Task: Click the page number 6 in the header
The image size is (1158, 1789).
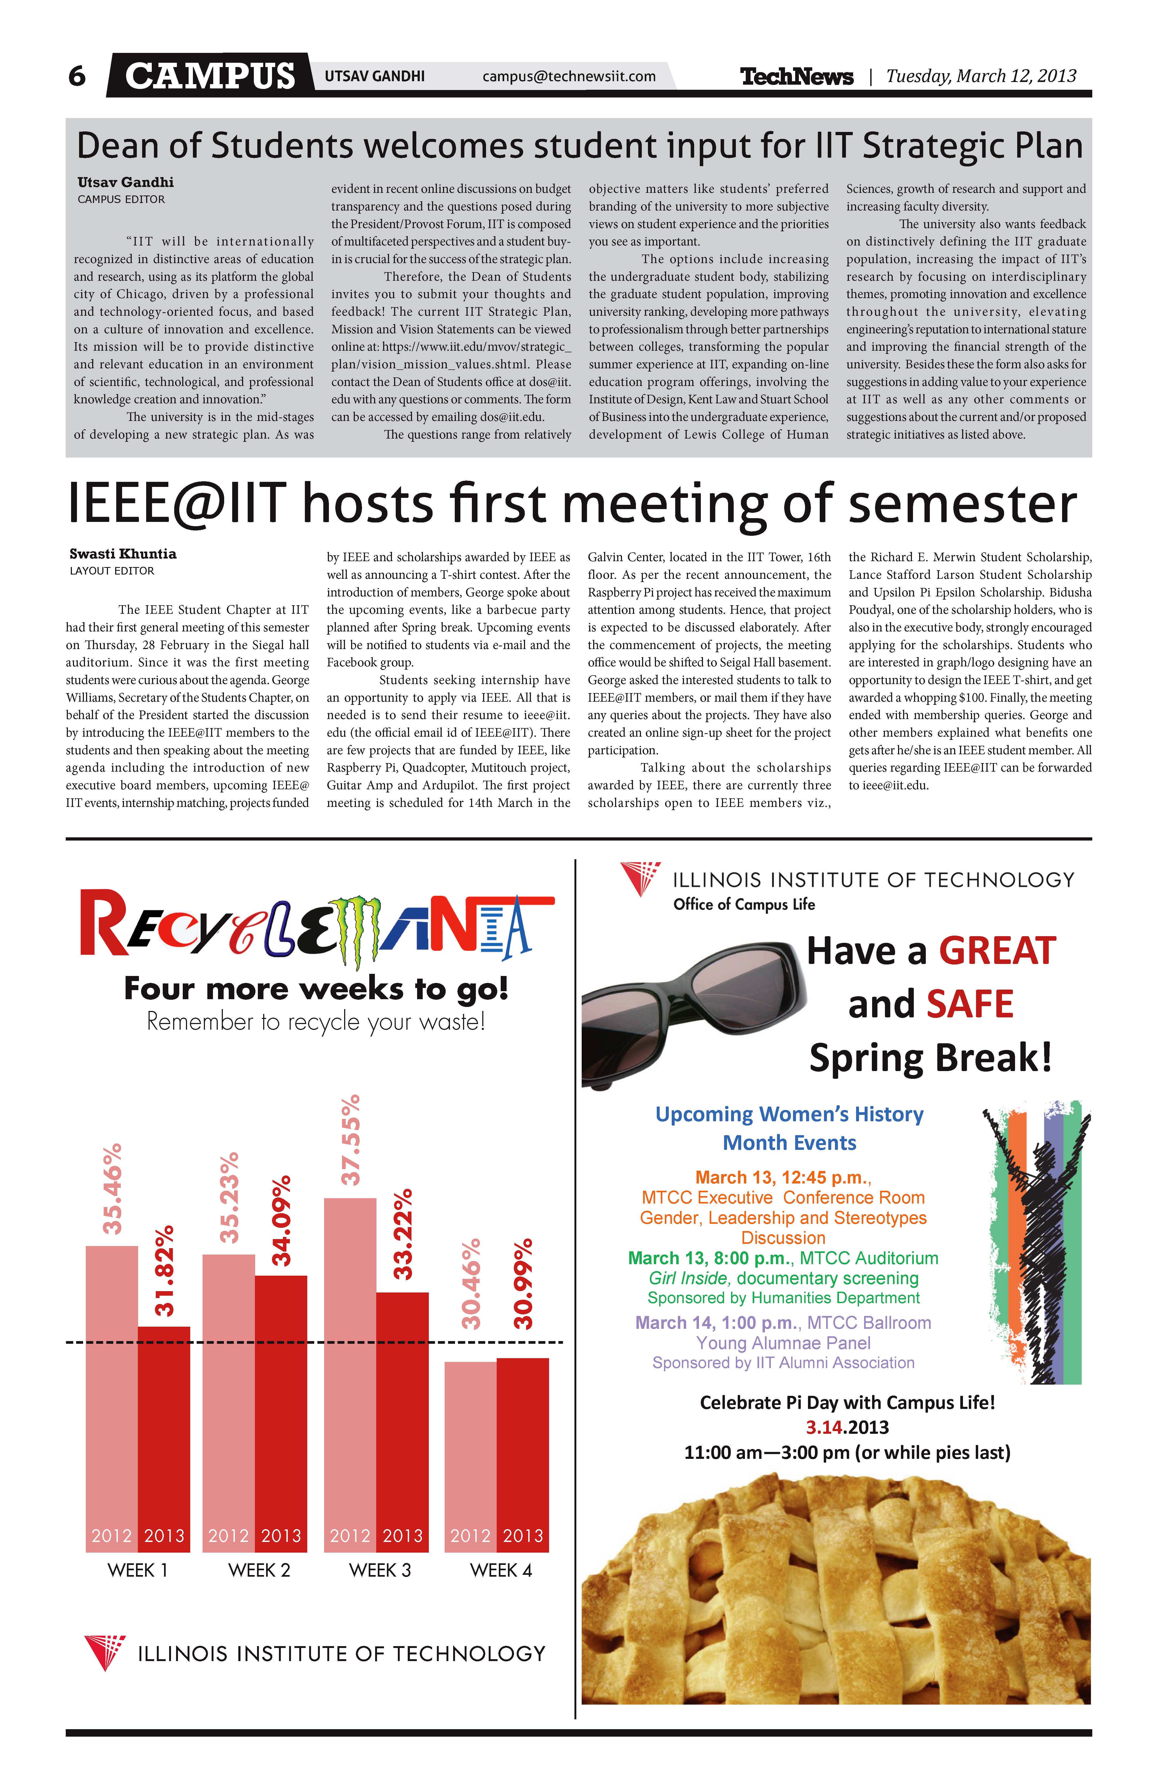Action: tap(77, 76)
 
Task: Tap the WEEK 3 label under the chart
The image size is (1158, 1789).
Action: tap(380, 1570)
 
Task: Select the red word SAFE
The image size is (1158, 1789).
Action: tap(970, 1004)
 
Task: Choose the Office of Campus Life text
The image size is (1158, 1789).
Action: tap(744, 904)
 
